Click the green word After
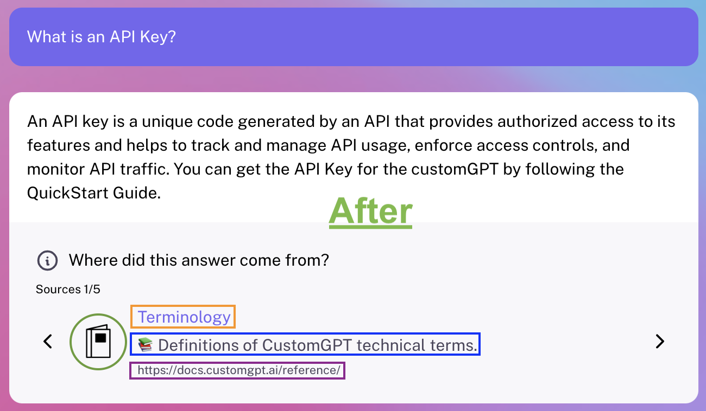[370, 211]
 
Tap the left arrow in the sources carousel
[48, 342]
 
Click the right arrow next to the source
[660, 342]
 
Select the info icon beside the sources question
[47, 261]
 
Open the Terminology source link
[184, 317]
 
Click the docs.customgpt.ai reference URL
[239, 370]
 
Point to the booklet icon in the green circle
[98, 342]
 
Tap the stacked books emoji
[146, 345]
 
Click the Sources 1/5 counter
[68, 289]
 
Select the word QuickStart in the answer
[67, 193]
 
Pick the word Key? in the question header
[158, 37]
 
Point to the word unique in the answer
[167, 122]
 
